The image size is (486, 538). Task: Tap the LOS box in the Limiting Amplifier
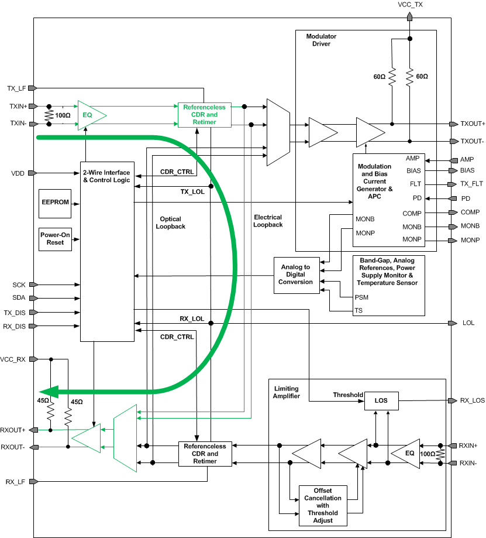(381, 401)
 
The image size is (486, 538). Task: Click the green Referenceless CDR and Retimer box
(204, 115)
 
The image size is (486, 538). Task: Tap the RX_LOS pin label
(472, 401)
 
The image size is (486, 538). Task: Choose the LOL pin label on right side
(468, 323)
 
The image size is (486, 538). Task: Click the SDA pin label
(19, 298)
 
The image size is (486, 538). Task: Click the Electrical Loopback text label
(268, 221)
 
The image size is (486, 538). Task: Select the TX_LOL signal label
(192, 191)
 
